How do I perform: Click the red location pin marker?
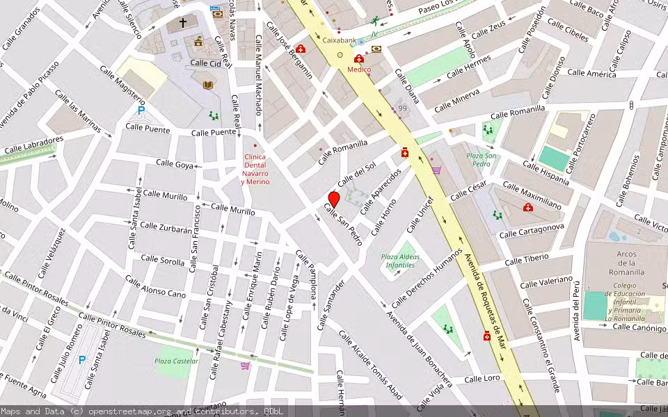333,199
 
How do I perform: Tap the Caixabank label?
339,41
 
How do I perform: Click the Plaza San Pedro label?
482,159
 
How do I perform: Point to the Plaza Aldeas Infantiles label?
399,261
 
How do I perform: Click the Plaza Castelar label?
176,361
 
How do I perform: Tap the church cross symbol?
183,23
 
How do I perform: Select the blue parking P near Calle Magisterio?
141,111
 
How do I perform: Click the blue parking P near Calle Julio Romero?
81,360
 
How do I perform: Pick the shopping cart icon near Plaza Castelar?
245,366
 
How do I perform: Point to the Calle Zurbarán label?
166,228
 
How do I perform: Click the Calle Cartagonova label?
531,231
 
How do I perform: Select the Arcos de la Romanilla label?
626,263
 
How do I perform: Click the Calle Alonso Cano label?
156,286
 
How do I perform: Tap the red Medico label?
360,69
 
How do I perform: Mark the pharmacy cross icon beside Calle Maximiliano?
527,208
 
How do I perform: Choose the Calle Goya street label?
175,164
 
